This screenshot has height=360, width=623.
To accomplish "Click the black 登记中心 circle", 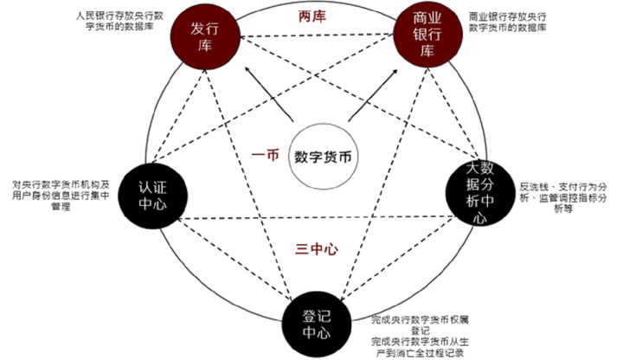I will click(x=314, y=321).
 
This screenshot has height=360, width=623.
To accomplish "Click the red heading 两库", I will click(x=313, y=16).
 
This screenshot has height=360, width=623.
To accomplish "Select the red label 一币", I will click(x=264, y=156).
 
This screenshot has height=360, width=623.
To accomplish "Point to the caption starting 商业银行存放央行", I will click(x=508, y=22).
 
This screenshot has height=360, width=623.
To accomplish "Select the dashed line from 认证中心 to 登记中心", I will click(x=227, y=259).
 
